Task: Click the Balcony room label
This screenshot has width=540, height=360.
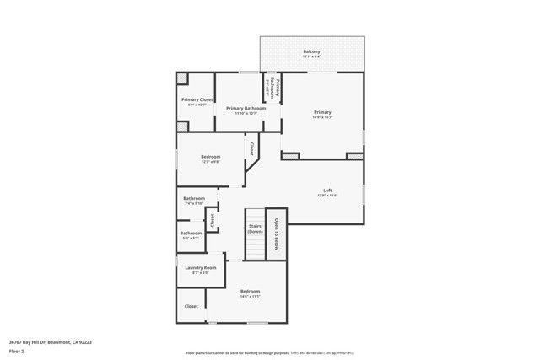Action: [x=311, y=51]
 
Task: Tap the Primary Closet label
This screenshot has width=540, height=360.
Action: [x=197, y=99]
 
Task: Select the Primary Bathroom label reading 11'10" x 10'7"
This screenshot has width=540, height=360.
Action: [x=246, y=108]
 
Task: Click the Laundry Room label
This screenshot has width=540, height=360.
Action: [x=200, y=267]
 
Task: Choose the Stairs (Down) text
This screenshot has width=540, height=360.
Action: [x=255, y=228]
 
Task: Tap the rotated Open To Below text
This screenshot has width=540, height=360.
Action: [x=277, y=233]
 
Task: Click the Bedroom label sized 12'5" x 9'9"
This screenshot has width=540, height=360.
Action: [x=211, y=157]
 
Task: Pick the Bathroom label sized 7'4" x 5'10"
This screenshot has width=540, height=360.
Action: [x=194, y=198]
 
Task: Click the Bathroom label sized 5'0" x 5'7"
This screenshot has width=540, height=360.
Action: [x=191, y=233]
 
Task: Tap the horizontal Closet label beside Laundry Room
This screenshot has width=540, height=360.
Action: [x=191, y=306]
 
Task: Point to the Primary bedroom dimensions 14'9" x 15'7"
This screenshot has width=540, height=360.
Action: [x=322, y=117]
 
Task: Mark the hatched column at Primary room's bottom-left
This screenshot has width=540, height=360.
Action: [x=290, y=155]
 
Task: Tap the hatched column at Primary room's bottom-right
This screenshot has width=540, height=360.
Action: [x=354, y=155]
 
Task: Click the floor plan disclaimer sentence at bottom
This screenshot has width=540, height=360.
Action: [x=270, y=352]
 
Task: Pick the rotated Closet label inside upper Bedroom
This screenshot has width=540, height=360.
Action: [x=251, y=148]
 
